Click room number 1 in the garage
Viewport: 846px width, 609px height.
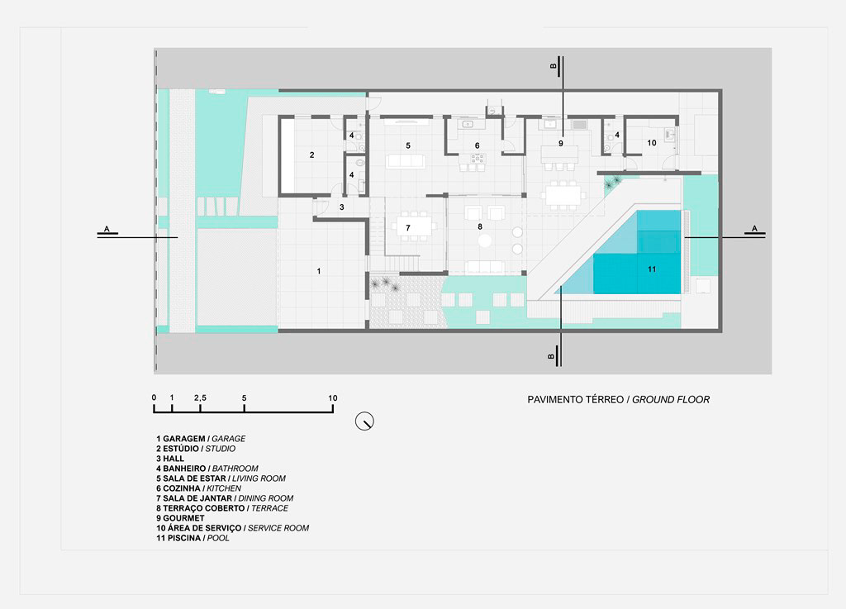coord(319,271)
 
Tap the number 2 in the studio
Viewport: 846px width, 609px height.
coord(311,155)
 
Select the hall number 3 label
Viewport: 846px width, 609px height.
coord(341,207)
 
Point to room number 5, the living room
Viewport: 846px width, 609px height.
coord(408,145)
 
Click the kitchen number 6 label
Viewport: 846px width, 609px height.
coord(477,145)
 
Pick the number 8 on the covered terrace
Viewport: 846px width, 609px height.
coord(480,226)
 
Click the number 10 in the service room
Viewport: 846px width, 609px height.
coord(652,143)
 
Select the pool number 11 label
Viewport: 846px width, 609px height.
coord(652,269)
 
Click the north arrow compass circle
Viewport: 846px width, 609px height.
coord(364,421)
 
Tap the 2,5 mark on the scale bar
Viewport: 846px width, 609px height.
coord(200,398)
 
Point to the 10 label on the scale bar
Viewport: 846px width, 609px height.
coord(332,398)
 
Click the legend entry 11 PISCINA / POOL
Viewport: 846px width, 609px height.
coord(192,538)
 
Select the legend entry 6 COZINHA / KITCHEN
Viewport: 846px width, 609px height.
coord(198,488)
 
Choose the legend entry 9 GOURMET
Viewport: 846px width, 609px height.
coord(180,518)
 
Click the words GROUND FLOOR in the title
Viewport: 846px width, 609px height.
coord(671,400)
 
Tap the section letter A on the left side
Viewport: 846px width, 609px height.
coord(107,229)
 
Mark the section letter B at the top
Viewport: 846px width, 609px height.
coord(553,66)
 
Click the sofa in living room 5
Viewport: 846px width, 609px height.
coord(405,161)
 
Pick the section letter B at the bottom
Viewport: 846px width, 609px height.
coord(551,356)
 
